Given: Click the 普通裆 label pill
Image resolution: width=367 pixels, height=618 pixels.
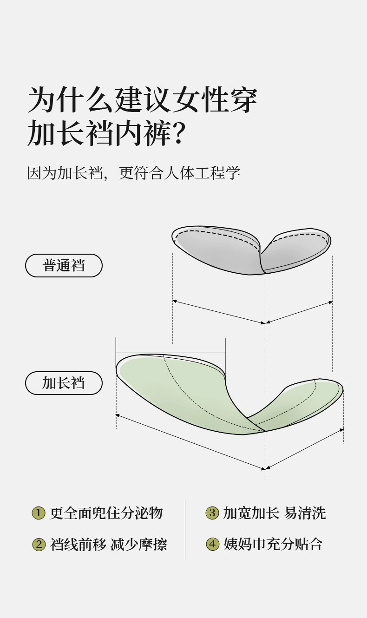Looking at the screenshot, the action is [64, 266].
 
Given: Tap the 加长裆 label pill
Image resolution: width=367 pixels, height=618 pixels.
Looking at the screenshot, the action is [64, 383].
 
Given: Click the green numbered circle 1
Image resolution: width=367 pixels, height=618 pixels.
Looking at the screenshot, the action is [38, 513].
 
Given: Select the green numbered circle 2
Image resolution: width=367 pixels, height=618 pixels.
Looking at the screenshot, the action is [38, 544].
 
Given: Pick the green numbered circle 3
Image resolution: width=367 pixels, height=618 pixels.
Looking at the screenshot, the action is [212, 513].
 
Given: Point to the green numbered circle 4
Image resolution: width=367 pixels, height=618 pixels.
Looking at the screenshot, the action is [212, 544].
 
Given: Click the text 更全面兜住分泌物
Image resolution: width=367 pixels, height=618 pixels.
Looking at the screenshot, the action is [106, 513].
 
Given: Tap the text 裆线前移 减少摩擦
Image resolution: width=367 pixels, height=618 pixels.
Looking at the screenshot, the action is [109, 544].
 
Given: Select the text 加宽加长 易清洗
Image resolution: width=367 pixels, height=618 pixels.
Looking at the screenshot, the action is [275, 513].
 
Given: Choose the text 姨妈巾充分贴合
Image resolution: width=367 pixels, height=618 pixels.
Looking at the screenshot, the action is [273, 544].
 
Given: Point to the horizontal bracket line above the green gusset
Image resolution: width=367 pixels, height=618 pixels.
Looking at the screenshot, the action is [170, 352].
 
